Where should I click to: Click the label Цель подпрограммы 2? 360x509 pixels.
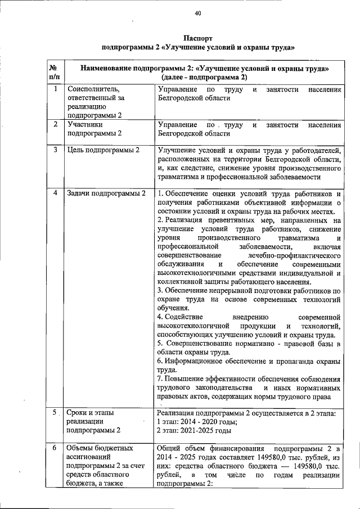pyautogui.click(x=103, y=150)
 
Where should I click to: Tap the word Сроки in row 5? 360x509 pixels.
pyautogui.click(x=78, y=413)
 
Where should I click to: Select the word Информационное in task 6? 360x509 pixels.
pyautogui.click(x=197, y=362)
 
